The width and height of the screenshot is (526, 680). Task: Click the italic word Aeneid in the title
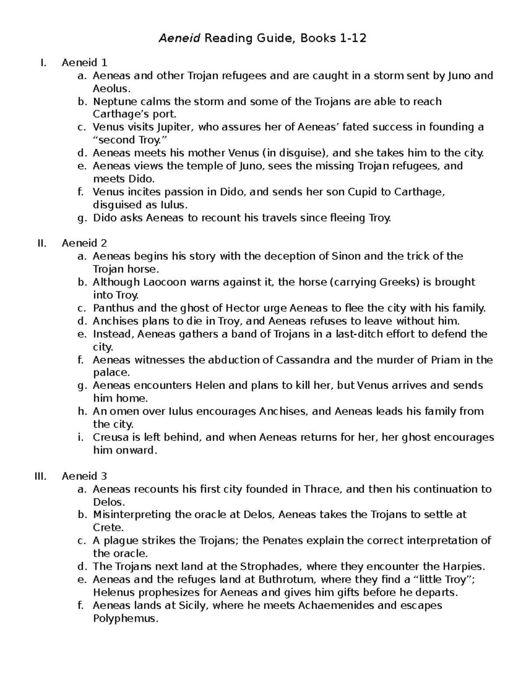(179, 39)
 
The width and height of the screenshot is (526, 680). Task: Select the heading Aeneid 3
(84, 476)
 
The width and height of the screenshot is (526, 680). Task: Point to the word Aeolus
(110, 89)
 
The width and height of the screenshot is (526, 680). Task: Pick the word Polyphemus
(124, 619)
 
